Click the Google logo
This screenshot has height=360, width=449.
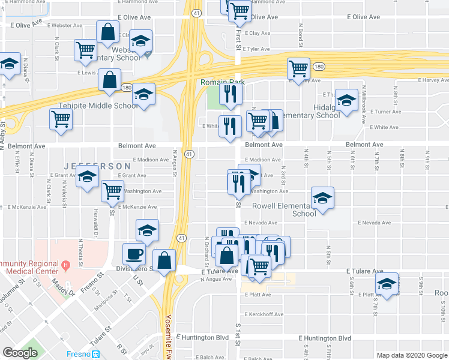[x=20, y=353]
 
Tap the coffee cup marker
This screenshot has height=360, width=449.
[x=133, y=254]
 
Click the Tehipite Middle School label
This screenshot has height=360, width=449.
[x=98, y=106]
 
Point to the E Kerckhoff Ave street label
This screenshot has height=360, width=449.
[x=264, y=314]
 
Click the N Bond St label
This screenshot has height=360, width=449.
[x=300, y=34]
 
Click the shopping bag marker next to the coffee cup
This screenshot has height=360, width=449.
[x=164, y=260]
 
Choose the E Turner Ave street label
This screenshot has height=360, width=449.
[x=385, y=112]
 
